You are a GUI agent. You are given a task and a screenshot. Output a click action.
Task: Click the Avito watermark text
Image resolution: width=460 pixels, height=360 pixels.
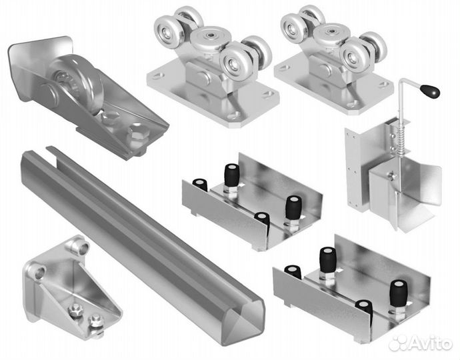[429, 343]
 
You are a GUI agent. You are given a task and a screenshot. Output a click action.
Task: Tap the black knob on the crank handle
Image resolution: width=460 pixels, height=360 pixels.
[431, 91]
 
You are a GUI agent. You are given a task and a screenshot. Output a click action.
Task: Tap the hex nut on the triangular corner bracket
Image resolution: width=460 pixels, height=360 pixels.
[75, 309]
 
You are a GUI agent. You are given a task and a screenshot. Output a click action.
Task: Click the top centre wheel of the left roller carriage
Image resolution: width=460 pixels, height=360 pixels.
[210, 37]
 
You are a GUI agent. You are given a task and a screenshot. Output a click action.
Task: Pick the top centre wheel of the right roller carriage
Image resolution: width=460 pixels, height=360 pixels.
[333, 33]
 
